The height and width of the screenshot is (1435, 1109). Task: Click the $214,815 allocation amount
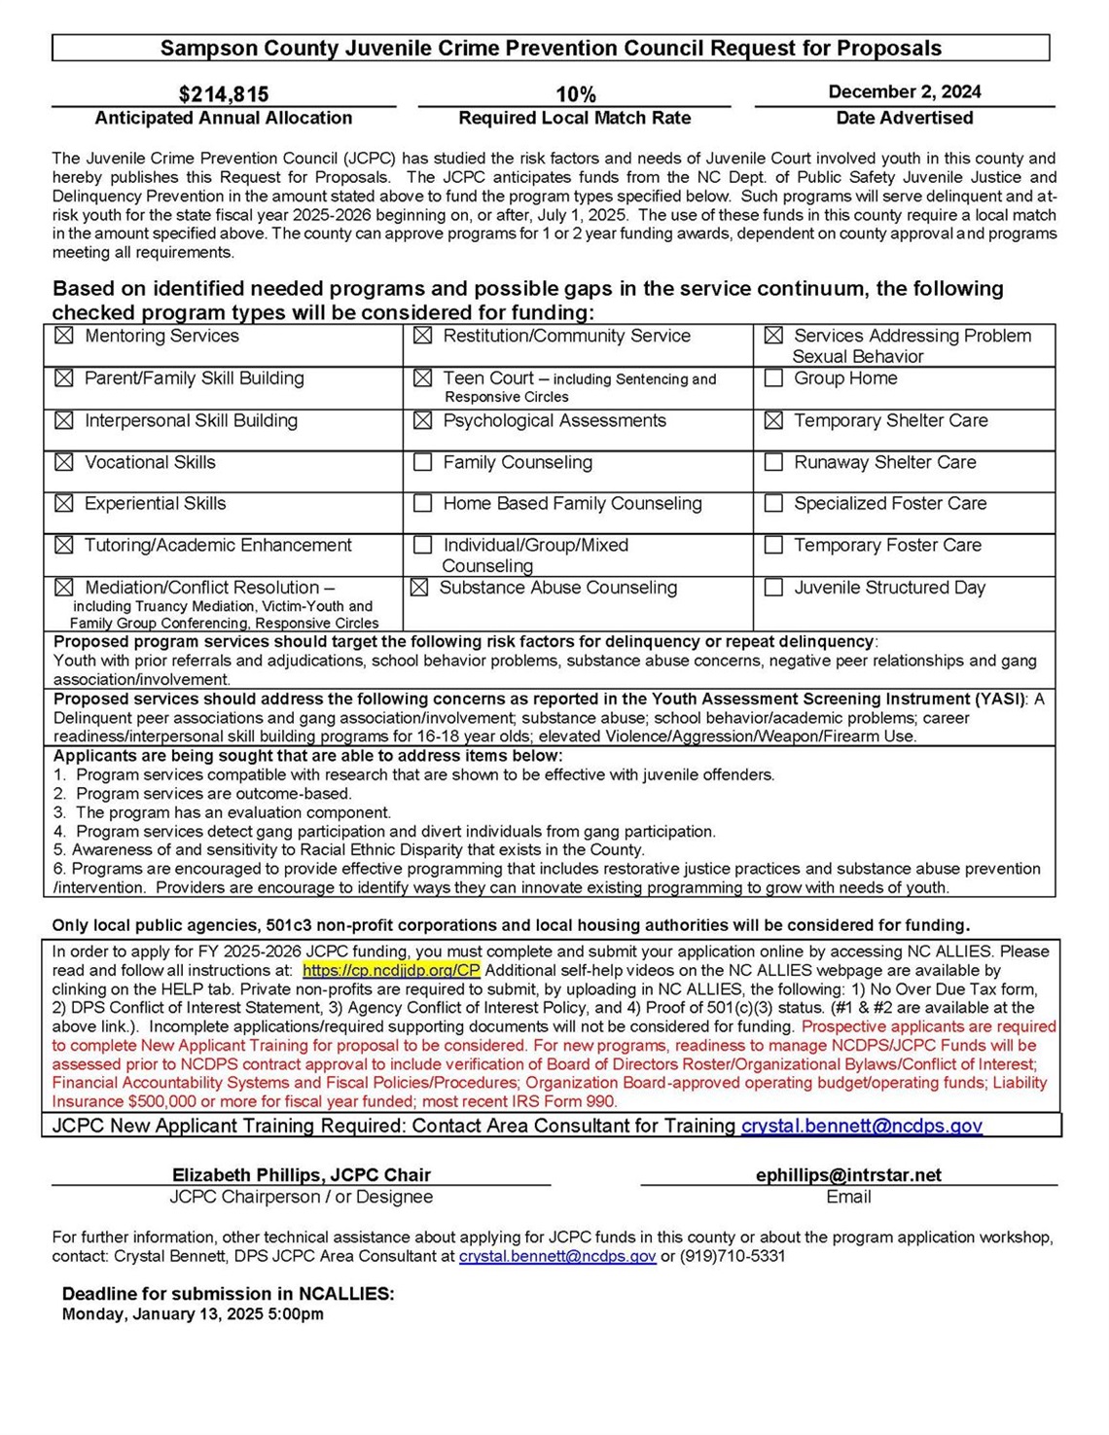[x=224, y=94]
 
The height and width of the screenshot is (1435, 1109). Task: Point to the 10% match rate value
[x=575, y=94]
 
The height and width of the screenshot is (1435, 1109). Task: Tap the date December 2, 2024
[x=904, y=91]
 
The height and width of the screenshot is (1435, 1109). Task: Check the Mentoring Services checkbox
[x=64, y=336]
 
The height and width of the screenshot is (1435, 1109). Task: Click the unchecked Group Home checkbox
[x=773, y=378]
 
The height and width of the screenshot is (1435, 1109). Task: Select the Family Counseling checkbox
[x=423, y=462]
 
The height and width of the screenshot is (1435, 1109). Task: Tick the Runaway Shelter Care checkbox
[x=773, y=462]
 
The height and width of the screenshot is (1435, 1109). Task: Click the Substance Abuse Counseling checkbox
[x=419, y=588]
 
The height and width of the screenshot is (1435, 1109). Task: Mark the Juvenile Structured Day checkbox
[x=773, y=588]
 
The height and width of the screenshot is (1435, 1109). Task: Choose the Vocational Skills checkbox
[x=64, y=462]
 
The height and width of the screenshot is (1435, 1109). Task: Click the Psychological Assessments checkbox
[x=423, y=420]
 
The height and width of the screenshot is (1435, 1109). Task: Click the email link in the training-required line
[x=861, y=1126]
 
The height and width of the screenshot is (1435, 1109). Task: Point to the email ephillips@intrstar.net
[x=848, y=1175]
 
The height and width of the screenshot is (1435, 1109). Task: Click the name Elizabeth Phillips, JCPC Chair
[x=301, y=1175]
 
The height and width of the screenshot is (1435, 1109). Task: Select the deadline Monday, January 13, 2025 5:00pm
[x=193, y=1314]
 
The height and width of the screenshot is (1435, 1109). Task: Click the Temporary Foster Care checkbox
[x=773, y=546]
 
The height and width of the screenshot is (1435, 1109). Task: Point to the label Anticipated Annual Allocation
[x=223, y=118]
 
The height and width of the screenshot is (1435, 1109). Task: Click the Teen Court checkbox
[x=423, y=378]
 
